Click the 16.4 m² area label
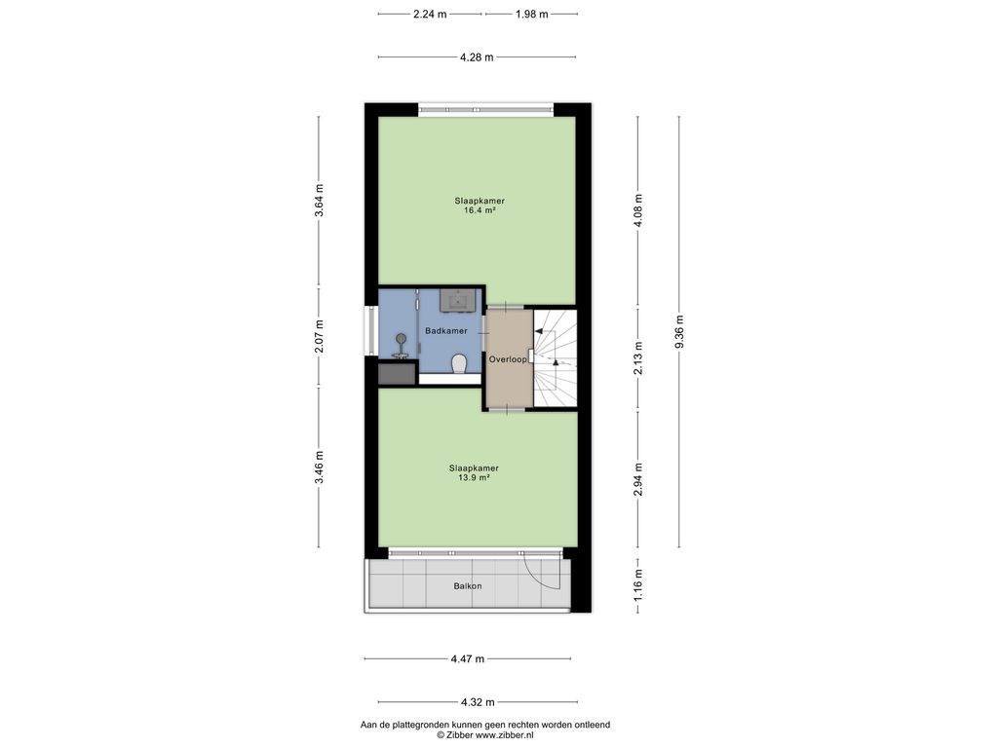(x=480, y=210)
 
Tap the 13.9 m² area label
(x=475, y=477)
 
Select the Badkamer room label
(x=446, y=331)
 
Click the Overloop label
(x=508, y=359)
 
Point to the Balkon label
(x=468, y=585)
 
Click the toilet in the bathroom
(x=460, y=364)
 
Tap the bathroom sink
(x=460, y=300)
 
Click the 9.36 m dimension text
(x=679, y=332)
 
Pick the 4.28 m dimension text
(x=477, y=57)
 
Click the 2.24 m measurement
(x=430, y=14)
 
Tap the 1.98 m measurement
(x=531, y=14)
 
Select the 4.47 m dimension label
(x=468, y=659)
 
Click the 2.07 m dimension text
(x=320, y=336)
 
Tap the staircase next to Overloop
(x=555, y=358)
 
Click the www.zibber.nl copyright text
(x=485, y=734)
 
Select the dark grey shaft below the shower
(x=397, y=373)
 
